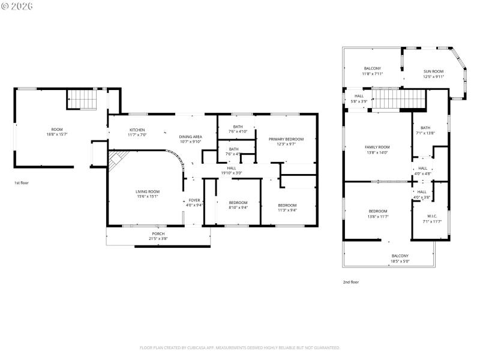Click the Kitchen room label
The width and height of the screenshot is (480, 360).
coord(137,130)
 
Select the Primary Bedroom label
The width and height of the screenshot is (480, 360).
coord(286,139)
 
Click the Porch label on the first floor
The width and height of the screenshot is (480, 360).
coord(158,233)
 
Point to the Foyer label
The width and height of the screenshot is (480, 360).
coord(194,200)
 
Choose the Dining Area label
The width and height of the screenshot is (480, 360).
coord(190,137)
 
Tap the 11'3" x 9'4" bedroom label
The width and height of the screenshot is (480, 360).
coord(287,205)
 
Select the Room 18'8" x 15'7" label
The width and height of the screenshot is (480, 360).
coord(56,129)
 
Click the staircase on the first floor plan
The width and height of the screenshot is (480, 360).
coord(80,99)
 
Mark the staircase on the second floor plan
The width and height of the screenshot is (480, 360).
coord(398,98)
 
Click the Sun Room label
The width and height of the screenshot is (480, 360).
coord(433,71)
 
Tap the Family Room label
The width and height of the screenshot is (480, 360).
coord(377,147)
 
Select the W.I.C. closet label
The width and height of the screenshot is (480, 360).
coord(432,216)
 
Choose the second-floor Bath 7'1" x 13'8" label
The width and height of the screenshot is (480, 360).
coord(425,127)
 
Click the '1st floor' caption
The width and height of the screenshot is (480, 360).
coord(21,182)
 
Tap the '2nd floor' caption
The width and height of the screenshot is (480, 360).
coord(350,281)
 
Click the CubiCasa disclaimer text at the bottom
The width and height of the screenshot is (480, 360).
coord(240,347)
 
